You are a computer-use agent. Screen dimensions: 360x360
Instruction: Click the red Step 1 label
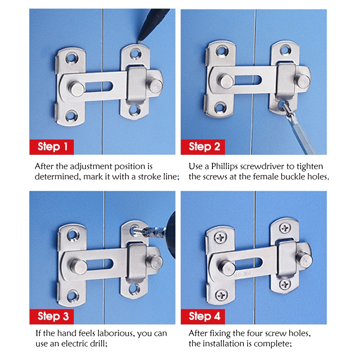point(52,147)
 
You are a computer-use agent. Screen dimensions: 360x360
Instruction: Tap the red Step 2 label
point(203,147)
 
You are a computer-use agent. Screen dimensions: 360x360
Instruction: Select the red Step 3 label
point(52,317)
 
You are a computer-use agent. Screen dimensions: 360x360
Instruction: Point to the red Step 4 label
point(203,317)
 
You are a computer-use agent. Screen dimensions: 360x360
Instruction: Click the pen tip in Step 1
point(138,42)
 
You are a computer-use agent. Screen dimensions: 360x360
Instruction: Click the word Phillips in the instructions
point(224,166)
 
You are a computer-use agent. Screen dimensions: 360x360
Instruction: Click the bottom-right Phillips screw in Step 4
point(285,284)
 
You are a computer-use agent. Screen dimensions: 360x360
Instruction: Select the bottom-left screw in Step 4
point(221,295)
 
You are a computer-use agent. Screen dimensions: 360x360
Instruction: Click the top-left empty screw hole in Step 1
point(72,58)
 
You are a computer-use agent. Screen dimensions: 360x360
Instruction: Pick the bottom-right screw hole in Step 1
point(135,109)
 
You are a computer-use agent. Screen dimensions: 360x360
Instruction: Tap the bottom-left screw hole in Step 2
point(220,107)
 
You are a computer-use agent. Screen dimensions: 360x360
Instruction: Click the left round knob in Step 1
point(76,89)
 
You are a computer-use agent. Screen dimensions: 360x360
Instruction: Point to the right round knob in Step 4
point(304,259)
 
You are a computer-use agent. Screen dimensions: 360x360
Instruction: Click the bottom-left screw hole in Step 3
point(73,296)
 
